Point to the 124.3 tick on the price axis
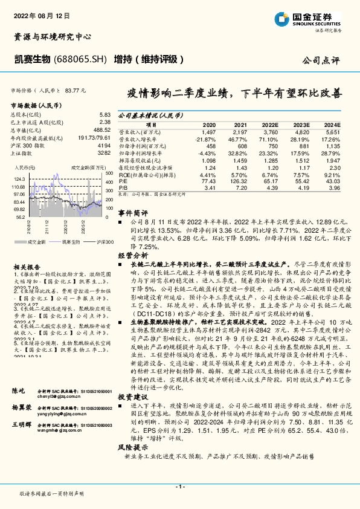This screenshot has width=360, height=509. coord(18,179)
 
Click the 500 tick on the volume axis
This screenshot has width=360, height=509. coord(110,173)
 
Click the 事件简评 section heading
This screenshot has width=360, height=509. coord(132,214)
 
